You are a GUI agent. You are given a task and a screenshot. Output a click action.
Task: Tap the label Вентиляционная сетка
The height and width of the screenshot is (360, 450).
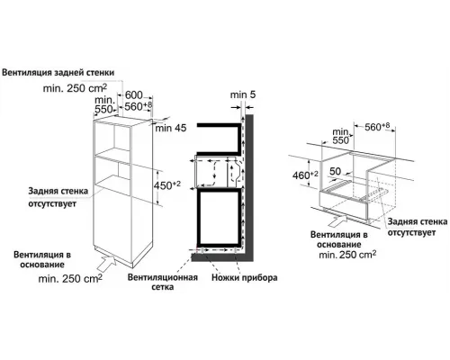[158, 284]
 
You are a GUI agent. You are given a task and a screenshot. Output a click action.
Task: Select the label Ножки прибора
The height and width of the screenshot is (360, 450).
[231, 279]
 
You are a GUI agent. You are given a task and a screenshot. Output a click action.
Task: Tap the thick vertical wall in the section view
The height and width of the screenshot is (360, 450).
[252, 180]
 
